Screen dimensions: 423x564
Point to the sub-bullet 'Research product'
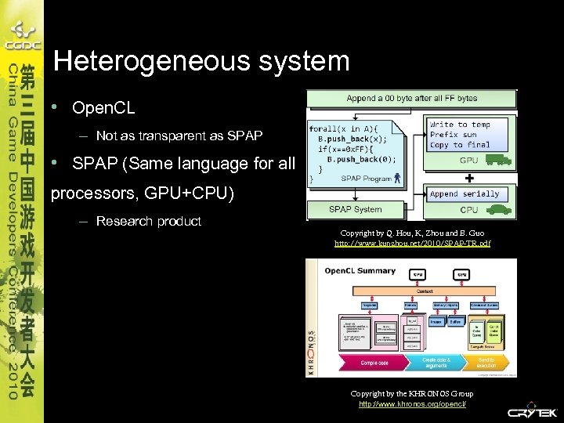(x=148, y=222)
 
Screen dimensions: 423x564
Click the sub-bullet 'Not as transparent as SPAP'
(x=179, y=136)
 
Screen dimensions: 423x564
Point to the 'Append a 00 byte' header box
(x=411, y=99)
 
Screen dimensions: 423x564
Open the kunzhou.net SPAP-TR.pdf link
(x=412, y=244)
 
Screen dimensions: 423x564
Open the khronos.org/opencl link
(x=412, y=403)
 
